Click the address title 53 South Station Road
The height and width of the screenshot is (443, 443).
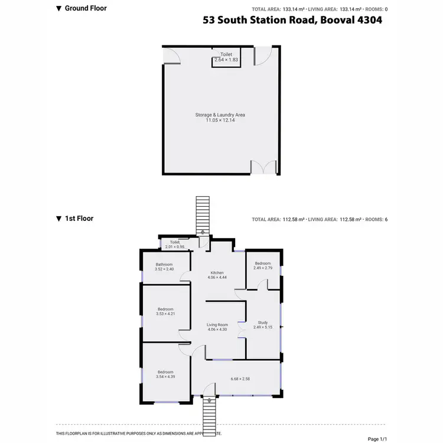(x=292, y=20)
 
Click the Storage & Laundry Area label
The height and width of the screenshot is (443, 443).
(x=220, y=118)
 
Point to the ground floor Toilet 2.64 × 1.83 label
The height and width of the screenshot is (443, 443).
(x=226, y=57)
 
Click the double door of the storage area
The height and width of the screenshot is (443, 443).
(x=263, y=167)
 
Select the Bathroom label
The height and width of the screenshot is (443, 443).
(x=164, y=266)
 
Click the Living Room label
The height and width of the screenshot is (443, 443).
(x=217, y=327)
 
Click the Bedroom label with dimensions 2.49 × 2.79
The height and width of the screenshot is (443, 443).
(x=262, y=266)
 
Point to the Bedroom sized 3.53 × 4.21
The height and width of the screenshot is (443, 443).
(x=165, y=311)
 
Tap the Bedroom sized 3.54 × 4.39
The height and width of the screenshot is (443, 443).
(x=165, y=374)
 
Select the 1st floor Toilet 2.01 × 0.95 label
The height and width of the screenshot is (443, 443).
(x=175, y=244)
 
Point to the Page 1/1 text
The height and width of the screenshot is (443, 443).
(x=377, y=438)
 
